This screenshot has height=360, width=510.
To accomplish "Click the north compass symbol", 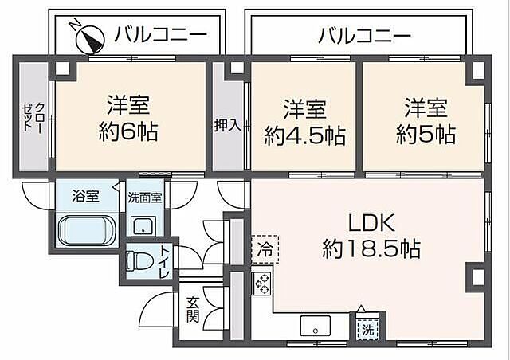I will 87,36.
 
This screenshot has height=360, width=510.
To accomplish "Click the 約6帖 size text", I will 129,130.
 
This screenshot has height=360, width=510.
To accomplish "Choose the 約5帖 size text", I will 426,134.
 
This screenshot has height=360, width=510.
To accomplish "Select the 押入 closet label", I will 226,124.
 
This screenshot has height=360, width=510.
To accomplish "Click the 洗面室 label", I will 147,197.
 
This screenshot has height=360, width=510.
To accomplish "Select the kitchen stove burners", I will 263,283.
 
